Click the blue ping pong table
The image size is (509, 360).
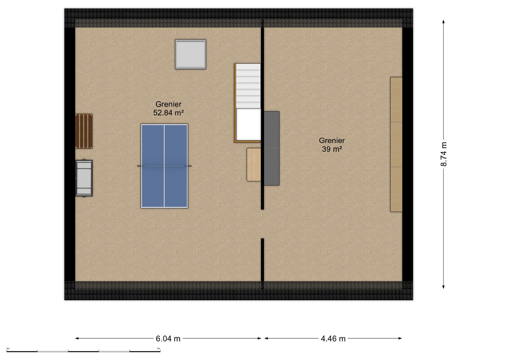tap(164, 166)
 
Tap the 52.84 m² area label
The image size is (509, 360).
tap(168, 113)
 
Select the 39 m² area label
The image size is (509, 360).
tap(332, 149)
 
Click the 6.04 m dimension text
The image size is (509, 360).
tap(168, 339)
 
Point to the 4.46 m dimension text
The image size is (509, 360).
tap(333, 339)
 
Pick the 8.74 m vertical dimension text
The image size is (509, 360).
tap(444, 154)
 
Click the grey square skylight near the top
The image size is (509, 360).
tap(190, 54)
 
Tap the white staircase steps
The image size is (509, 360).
tap(248, 86)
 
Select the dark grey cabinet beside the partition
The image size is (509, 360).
tap(272, 148)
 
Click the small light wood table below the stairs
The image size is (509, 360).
tap(254, 165)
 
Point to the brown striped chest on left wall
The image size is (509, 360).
tap(84, 131)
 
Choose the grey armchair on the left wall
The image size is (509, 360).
tap(84, 178)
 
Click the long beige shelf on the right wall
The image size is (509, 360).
tap(396, 145)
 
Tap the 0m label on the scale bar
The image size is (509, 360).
tap(8, 348)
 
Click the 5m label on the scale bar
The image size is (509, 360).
tap(158, 348)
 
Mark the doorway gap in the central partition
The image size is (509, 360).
tap(262, 224)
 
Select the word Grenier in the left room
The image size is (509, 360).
tap(168, 104)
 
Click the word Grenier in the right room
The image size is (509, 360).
tap(332, 140)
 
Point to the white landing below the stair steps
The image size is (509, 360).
tap(248, 124)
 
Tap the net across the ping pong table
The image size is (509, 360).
tap(164, 166)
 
